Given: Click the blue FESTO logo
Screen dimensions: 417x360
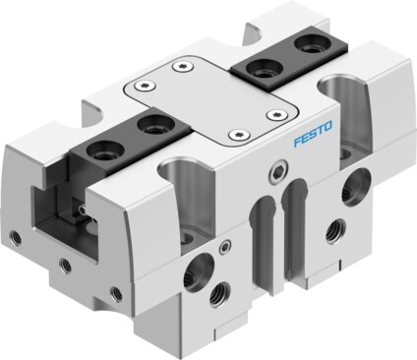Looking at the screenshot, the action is click(313, 134).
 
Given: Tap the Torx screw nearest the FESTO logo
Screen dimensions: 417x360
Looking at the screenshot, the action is click(276, 114).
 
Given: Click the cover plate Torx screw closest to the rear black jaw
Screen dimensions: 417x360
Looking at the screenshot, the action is click(183, 67).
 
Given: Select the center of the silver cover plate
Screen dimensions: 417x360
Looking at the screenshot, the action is click(211, 101).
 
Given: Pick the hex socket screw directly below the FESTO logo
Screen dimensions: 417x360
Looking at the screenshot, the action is click(277, 172).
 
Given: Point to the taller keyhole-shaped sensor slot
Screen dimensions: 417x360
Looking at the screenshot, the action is click(293, 229).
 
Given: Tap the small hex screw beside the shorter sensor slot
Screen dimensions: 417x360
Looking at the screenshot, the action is click(225, 247).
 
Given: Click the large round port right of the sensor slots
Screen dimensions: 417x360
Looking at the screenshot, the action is click(356, 187).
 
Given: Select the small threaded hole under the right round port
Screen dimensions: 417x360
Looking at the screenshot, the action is click(336, 231).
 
